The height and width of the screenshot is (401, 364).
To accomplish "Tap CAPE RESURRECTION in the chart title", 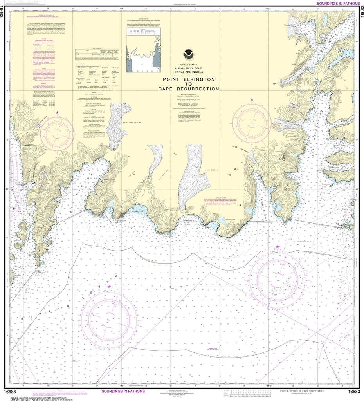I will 189,89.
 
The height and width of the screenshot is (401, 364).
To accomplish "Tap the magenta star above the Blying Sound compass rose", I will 109,287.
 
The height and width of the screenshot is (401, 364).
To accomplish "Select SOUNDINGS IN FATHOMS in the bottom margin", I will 123,391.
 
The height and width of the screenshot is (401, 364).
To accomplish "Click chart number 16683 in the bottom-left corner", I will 10,392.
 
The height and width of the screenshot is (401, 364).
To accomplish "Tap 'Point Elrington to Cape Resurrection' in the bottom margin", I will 302,391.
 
